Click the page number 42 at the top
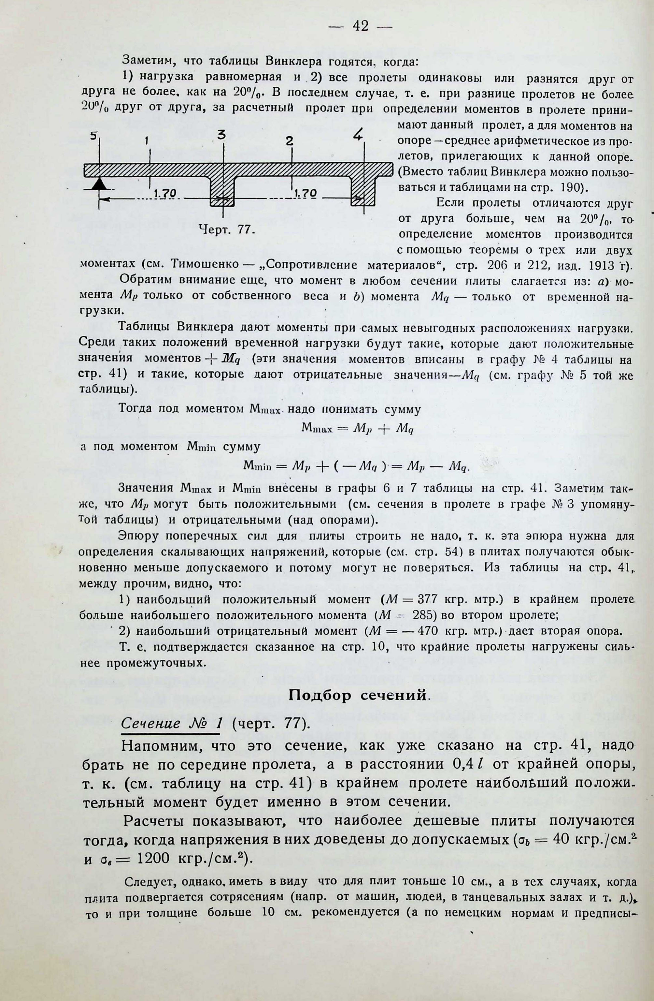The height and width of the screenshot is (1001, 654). [x=361, y=26]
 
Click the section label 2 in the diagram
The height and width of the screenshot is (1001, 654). [x=290, y=141]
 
